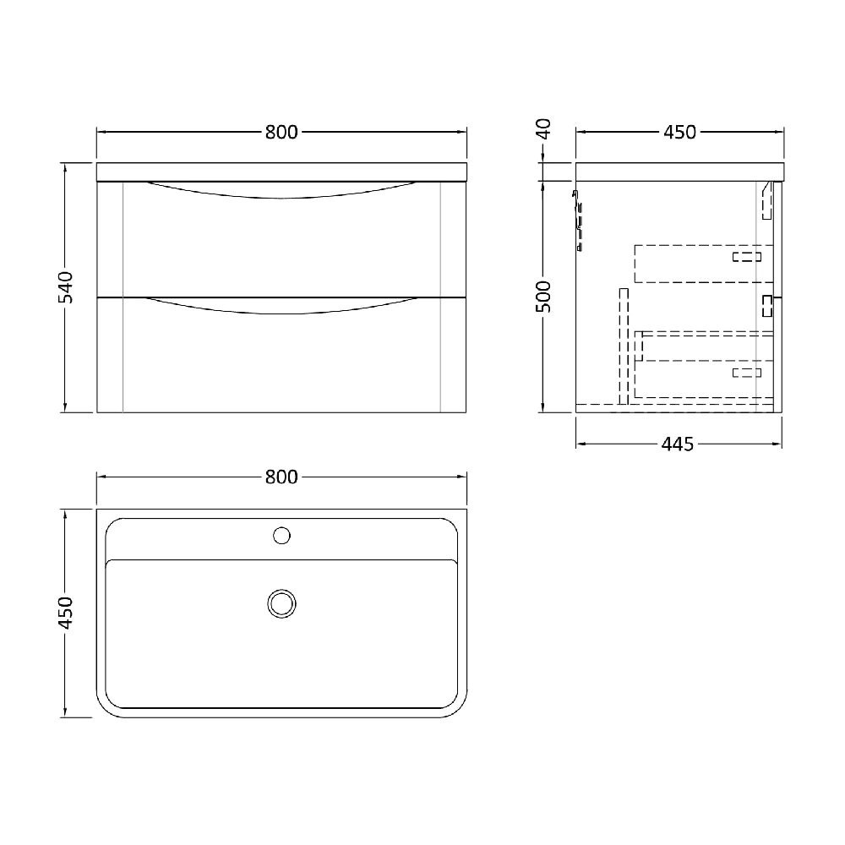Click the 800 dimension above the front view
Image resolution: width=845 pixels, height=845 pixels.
click(281, 132)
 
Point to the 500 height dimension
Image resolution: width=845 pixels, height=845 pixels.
click(545, 297)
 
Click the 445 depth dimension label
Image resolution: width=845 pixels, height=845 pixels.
click(678, 444)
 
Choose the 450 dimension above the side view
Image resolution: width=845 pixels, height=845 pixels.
click(679, 132)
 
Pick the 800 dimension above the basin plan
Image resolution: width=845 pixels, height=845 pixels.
click(281, 477)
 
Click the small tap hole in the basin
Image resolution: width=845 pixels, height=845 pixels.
click(282, 535)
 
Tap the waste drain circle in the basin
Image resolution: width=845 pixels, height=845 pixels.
click(281, 602)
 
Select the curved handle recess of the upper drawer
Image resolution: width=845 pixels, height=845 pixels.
click(281, 191)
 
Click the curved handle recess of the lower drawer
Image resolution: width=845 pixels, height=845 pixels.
click(281, 306)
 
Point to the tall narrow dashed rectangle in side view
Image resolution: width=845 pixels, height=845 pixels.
click(624, 346)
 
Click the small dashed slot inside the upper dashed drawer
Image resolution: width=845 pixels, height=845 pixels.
click(747, 256)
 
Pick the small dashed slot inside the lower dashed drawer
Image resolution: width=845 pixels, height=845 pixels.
click(747, 372)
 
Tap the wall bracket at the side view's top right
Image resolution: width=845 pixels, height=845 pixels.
click(768, 200)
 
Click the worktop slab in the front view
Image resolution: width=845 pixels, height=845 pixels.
click(281, 172)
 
